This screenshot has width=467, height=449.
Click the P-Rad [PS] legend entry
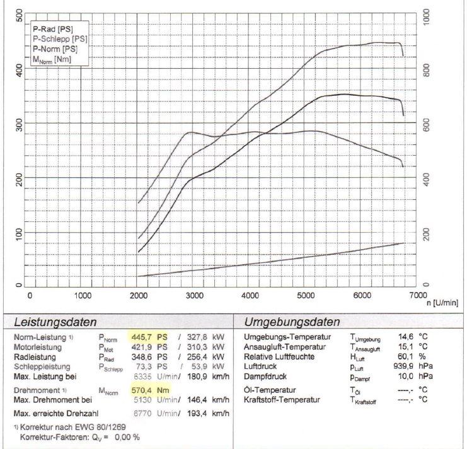click(53, 28)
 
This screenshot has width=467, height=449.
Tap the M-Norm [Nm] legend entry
click(53, 59)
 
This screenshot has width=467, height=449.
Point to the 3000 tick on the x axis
click(194, 295)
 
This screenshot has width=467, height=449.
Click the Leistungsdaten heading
click(55, 322)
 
